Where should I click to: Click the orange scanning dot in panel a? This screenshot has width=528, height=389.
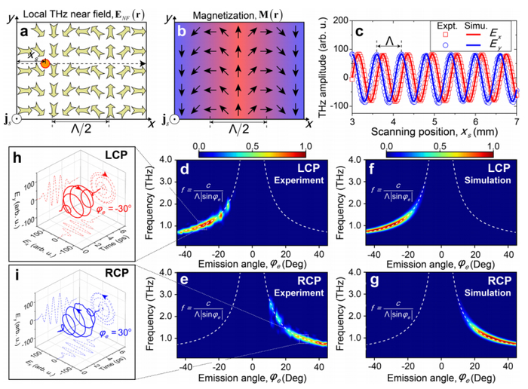click(45, 65)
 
